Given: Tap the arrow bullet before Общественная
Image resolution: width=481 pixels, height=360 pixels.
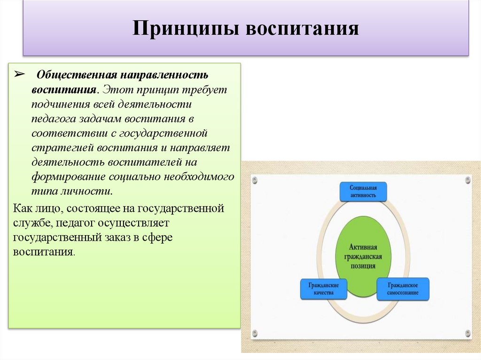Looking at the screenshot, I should tap(20, 75).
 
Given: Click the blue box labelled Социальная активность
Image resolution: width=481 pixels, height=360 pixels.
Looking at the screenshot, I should tap(363, 191).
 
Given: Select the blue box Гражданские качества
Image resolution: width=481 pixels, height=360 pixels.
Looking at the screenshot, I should tap(324, 288).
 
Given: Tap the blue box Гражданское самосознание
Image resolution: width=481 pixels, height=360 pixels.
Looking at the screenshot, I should tap(403, 288).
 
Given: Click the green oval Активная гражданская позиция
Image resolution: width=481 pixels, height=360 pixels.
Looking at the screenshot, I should tap(363, 256).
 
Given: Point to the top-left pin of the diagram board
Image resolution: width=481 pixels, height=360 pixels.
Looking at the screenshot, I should tap(255, 179).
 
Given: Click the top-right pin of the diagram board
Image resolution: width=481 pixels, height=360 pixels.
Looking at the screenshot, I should tap(468, 179).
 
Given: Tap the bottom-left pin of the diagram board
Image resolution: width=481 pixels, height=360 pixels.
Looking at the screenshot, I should tap(255, 333).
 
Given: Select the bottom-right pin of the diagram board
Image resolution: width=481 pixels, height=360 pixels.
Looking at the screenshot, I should tap(468, 333).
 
